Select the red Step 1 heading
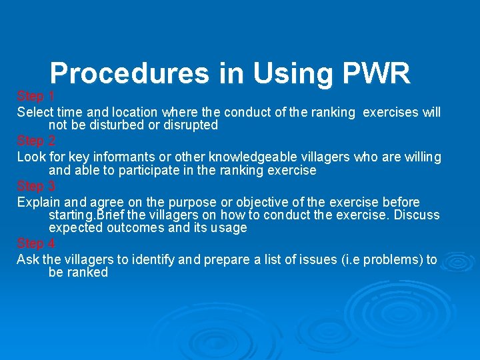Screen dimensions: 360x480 coord(36,97)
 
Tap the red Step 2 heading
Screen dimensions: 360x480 coord(36,141)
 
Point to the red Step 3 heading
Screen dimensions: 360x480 coord(36,186)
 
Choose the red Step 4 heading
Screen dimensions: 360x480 coord(36,244)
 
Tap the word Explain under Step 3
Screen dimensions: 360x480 coord(38,201)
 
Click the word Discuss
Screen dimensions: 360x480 coord(417,215)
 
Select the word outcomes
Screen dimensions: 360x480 coord(132,228)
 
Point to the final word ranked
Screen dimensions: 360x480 coord(89,273)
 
